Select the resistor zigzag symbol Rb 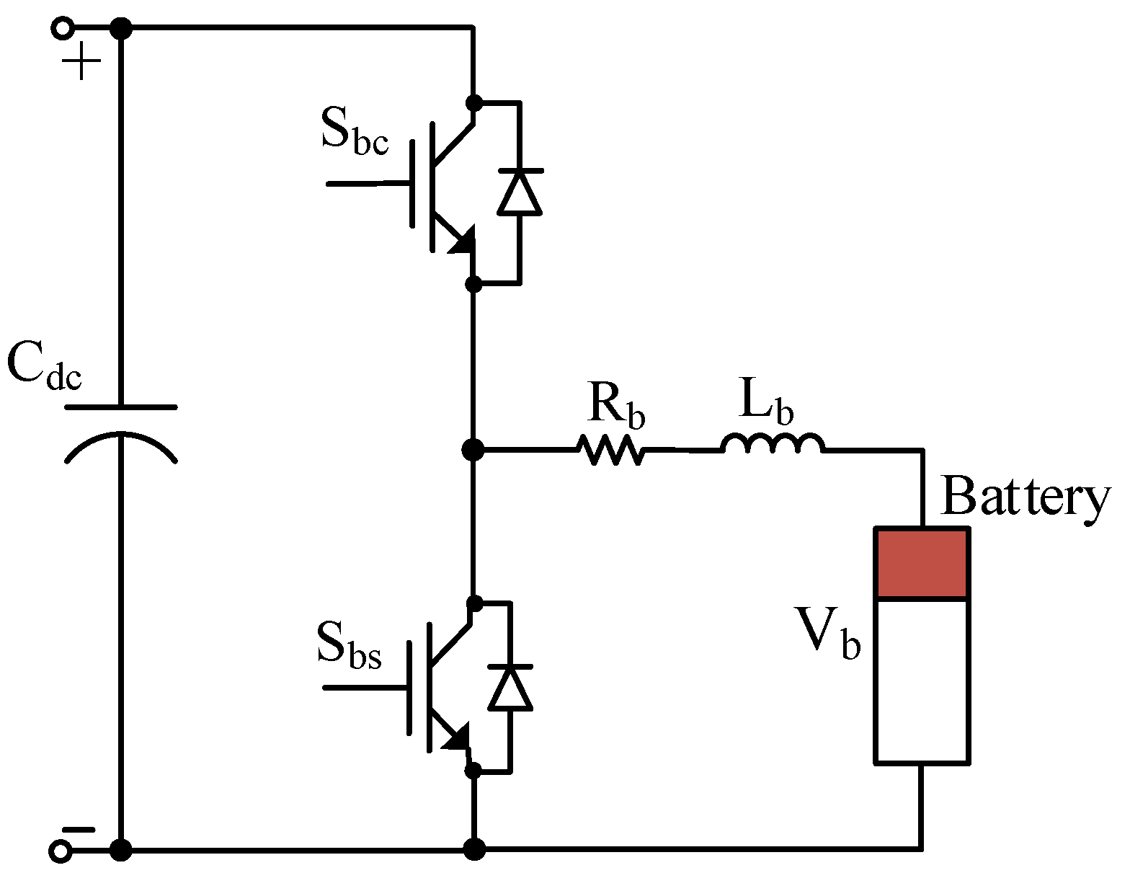coord(610,450)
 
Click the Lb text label coord(766,402)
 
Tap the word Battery coord(1026,497)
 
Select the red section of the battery coord(921,563)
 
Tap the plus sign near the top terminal coord(81,61)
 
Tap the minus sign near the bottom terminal coord(78,830)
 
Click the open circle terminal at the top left coord(62,29)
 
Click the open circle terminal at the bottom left coord(61,851)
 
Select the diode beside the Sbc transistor coord(520,192)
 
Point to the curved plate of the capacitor coord(120,441)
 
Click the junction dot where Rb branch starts coord(473,450)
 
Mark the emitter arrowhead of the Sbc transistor coord(462,241)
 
